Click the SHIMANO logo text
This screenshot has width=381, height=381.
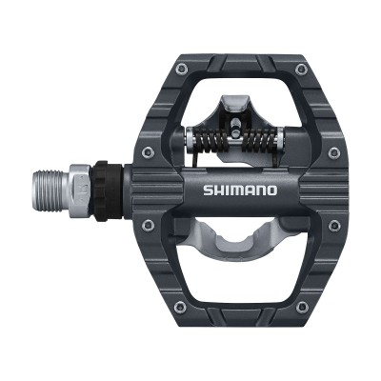tap(239, 190)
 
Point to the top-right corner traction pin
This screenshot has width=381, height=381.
tap(301, 70)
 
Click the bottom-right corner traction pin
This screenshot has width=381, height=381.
tap(301, 307)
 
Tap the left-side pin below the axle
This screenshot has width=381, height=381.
tap(147, 225)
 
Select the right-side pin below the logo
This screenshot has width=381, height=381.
tap(332, 225)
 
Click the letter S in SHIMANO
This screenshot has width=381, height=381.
tap(208, 190)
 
